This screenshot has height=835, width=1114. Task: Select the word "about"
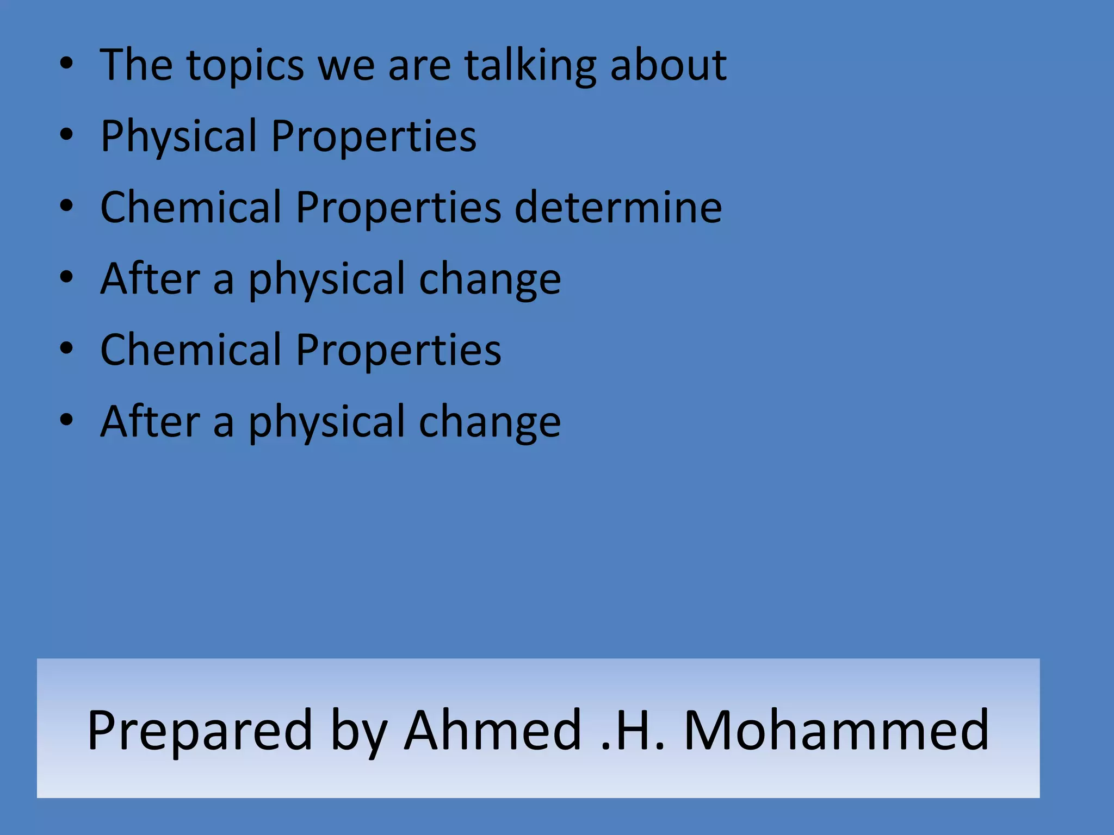click(668, 65)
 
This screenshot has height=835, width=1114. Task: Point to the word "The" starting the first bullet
click(137, 65)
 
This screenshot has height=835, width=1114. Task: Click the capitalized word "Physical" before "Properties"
click(179, 136)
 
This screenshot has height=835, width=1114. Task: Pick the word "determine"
click(618, 208)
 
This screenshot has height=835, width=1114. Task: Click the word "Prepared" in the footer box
click(200, 731)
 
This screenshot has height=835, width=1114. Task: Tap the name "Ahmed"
click(493, 731)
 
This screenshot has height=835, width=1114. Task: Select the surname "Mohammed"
click(836, 731)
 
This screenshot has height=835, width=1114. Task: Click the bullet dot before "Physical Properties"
click(66, 135)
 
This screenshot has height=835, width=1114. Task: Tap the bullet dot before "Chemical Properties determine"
click(66, 207)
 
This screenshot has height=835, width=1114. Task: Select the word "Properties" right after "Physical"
click(374, 136)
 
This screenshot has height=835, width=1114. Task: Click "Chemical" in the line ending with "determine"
click(191, 208)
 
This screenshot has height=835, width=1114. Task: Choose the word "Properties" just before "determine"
click(398, 208)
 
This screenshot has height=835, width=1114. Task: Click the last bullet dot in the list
click(66, 420)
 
